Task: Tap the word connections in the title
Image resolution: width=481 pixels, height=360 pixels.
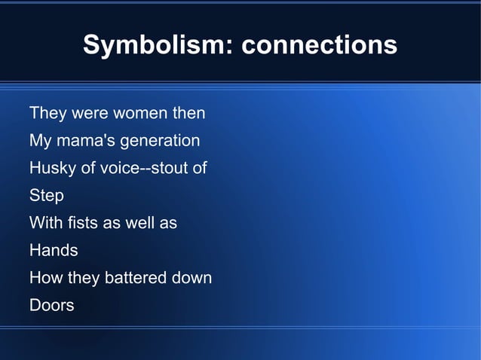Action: [x=320, y=44]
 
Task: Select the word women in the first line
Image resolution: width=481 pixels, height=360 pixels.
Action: [x=141, y=114]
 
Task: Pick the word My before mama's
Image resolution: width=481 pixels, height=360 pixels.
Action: [x=39, y=141]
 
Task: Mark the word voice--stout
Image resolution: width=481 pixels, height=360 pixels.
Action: [x=142, y=168]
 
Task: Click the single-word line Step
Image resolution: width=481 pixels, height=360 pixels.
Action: [x=46, y=196]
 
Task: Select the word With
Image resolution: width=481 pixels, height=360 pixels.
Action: [x=44, y=223]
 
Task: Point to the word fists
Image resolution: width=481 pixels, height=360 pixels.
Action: [x=84, y=223]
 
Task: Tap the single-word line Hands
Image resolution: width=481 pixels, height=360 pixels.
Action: [x=53, y=250]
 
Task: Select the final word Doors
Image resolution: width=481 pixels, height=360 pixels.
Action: [x=51, y=305]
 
